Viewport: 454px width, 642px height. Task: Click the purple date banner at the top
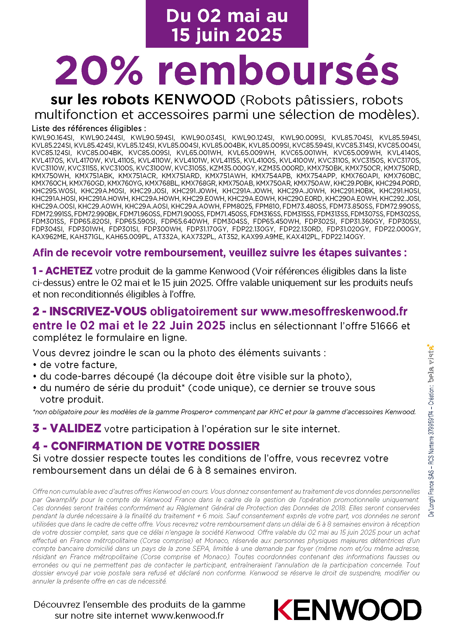pos(227,25)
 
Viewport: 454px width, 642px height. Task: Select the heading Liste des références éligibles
pos(89,128)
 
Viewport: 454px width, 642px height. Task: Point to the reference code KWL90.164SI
pos(52,138)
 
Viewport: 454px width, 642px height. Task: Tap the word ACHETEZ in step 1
pos(69,271)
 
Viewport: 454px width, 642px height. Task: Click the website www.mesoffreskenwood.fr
pos(334,311)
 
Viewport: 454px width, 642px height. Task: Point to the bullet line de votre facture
pos(78,365)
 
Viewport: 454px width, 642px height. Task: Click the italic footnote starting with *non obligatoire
pos(224,412)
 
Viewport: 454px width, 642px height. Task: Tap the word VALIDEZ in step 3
pos(75,428)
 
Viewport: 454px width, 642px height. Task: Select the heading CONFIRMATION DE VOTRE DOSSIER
pos(155,446)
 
